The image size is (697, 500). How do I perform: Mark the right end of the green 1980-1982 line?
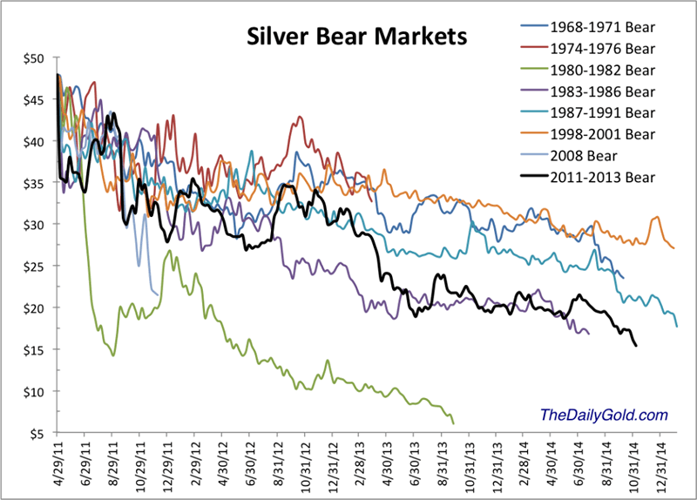(454, 422)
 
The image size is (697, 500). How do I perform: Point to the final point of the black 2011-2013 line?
(636, 346)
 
